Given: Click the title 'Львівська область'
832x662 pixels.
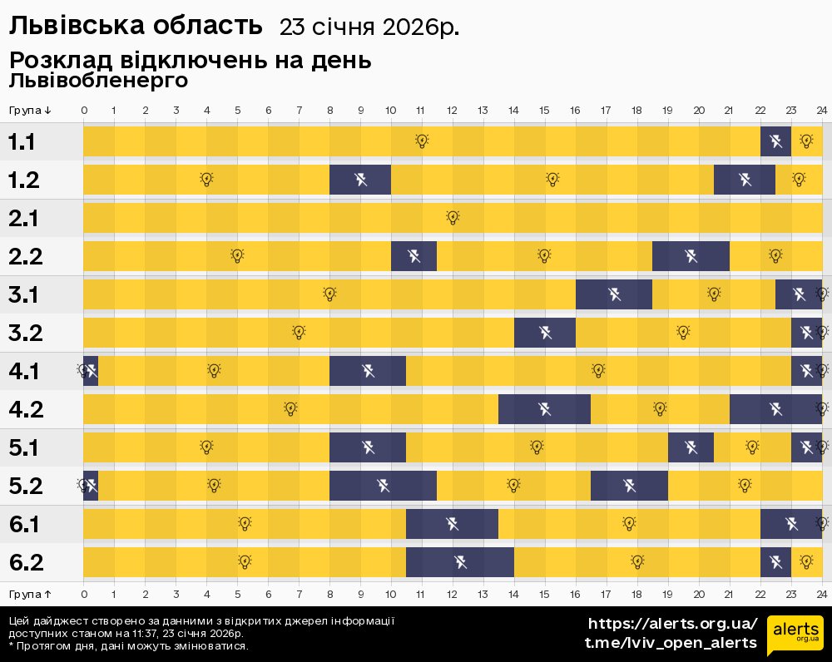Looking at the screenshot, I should (x=135, y=27).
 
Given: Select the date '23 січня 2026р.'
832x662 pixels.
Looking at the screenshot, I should (x=369, y=27).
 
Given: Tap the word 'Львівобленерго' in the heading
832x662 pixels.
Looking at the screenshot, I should (x=98, y=81).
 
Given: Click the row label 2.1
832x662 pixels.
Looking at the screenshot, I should (x=25, y=219).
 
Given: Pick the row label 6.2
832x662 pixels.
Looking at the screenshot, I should (x=25, y=563).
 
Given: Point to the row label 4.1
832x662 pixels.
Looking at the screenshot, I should (x=25, y=372).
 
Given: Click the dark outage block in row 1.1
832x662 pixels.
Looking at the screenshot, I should (x=775, y=141).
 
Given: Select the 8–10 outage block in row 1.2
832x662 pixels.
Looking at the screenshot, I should (x=360, y=180).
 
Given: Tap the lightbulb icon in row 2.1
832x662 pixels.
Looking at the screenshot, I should (x=453, y=218).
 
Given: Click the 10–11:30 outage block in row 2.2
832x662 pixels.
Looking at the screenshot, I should (x=414, y=256).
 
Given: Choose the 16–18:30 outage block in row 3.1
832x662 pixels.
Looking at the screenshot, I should (x=614, y=294).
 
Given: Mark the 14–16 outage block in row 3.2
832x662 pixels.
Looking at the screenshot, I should (x=545, y=333).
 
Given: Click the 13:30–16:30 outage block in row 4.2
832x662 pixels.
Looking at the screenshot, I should (x=544, y=409).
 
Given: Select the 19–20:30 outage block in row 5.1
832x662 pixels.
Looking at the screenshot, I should (x=691, y=447).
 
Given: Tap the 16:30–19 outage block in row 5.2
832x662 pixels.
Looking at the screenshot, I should (x=629, y=486).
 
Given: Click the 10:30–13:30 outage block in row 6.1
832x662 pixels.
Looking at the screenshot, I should (x=452, y=524).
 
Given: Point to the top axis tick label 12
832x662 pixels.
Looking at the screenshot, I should (x=452, y=111).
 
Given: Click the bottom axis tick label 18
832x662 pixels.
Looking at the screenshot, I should (x=636, y=595).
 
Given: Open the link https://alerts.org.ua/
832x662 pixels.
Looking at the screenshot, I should (x=672, y=624).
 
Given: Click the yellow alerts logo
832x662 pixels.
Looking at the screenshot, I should (x=795, y=635).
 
